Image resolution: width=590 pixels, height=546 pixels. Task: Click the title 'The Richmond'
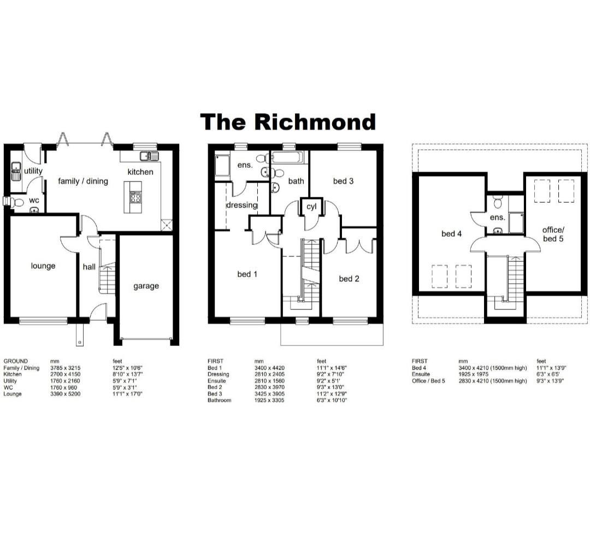pos(288,122)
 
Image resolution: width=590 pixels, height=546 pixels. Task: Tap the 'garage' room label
pos(146,286)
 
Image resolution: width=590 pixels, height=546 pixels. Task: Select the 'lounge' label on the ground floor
pos(43,266)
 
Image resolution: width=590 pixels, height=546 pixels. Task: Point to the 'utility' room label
pos(33,171)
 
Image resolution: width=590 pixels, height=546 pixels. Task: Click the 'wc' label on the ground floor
pos(34,200)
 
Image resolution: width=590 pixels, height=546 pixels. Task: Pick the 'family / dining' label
pos(83,181)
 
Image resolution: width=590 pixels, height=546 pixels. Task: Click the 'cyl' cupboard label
pos(311,207)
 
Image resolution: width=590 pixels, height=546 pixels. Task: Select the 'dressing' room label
pos(241,206)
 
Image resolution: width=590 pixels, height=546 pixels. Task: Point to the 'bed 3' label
pos(343,181)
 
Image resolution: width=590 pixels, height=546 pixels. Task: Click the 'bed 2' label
pos(349,279)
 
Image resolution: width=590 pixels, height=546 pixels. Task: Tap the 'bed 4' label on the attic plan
pos(452,234)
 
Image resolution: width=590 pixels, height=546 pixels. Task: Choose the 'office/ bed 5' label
pos(553,234)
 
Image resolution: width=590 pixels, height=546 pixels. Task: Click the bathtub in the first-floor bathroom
pos(290,160)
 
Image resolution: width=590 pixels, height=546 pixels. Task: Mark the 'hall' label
pos(89,267)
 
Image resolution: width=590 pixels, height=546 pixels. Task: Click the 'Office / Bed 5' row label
pos(428,381)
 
